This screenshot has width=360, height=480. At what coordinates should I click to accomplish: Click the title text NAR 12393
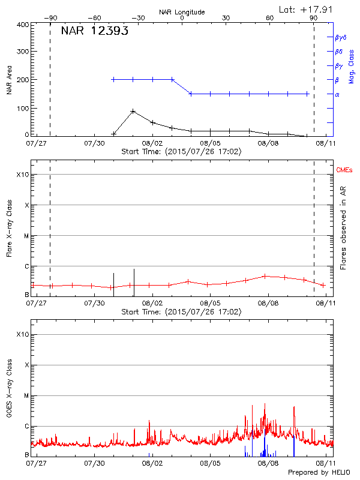pos(95,31)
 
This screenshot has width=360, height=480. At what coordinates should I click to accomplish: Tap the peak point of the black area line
pos(133,112)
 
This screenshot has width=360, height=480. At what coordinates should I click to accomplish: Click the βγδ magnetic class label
pos(341,37)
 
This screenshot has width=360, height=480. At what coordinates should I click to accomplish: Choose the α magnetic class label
pos(337,94)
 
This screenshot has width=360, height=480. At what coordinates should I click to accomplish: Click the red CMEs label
pos(344,171)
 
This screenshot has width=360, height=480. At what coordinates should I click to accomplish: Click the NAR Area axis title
pos(10,80)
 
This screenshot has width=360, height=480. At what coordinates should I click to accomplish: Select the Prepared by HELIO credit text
pos(319,473)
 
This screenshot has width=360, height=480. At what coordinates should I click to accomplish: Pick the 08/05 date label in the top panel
pos(211,144)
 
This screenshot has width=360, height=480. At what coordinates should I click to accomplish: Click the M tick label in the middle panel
pos(26,236)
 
